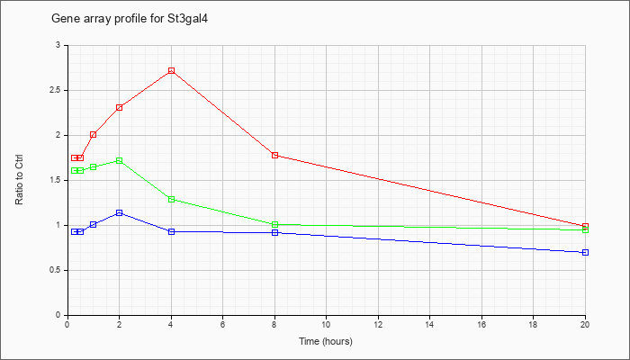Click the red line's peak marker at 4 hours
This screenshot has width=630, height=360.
pos(172,71)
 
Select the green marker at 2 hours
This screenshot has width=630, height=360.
pos(120,161)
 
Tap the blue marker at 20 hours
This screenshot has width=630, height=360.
pos(585,252)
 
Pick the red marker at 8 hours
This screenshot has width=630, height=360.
pos(274,155)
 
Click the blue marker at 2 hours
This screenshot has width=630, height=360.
pos(120,213)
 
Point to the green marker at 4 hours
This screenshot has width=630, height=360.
pos(172,199)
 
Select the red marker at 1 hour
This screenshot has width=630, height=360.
pos(94,135)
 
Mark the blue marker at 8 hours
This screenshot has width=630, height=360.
pos(274,232)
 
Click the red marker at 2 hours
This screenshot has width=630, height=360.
pos(120,108)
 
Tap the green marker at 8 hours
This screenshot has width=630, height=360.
pos(274,225)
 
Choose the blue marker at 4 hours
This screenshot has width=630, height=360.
pos(172,232)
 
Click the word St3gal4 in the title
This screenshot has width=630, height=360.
pos(187,19)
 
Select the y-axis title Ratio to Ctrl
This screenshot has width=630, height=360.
pos(19,179)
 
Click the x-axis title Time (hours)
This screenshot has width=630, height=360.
pos(326,341)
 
